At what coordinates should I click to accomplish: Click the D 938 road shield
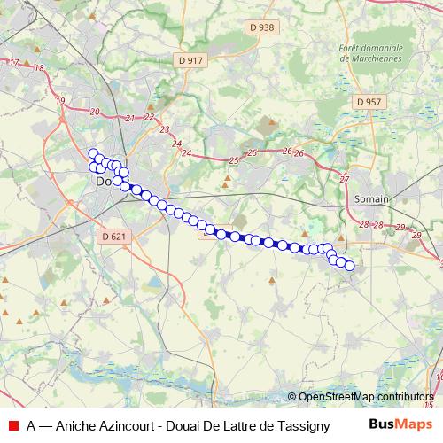click(x=262, y=27)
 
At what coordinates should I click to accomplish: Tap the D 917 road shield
click(x=190, y=60)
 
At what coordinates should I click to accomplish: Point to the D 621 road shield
click(x=113, y=237)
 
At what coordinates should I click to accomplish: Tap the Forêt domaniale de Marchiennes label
click(x=370, y=53)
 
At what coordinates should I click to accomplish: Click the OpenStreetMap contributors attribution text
click(x=366, y=397)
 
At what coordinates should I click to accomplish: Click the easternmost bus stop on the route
click(x=349, y=266)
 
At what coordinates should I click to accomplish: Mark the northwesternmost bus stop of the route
click(x=92, y=153)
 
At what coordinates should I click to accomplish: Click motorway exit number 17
click(x=14, y=62)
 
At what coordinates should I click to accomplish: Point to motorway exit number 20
click(x=95, y=112)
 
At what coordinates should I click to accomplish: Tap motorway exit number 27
click(x=345, y=179)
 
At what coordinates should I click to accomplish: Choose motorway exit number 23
click(x=164, y=130)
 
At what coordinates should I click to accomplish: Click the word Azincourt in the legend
click(x=127, y=425)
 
